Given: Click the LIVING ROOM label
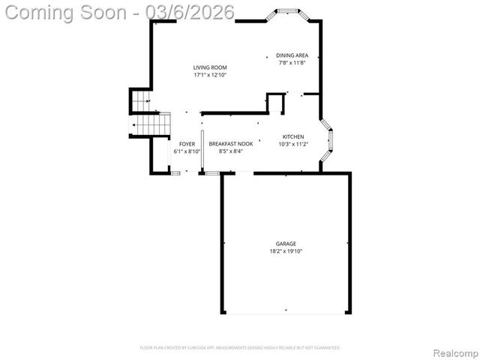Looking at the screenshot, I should (210, 67).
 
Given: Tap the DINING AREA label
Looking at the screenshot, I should (292, 55).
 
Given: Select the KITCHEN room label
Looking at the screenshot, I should (293, 136).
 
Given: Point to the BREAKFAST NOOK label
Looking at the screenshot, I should (231, 143).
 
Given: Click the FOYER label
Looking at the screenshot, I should (187, 143).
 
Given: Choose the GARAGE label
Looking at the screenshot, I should (286, 244).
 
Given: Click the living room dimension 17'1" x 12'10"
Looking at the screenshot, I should (210, 75).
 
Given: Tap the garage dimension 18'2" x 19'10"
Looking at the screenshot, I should (286, 251).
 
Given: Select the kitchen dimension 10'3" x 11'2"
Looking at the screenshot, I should (293, 144).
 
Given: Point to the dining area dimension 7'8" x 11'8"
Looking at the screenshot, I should (292, 63).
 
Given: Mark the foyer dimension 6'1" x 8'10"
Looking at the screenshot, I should (187, 151).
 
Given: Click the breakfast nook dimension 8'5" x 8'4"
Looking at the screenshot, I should (231, 151).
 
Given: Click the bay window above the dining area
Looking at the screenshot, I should (287, 13).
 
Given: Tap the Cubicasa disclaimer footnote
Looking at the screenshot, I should (240, 348).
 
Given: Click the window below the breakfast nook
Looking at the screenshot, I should (212, 174).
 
